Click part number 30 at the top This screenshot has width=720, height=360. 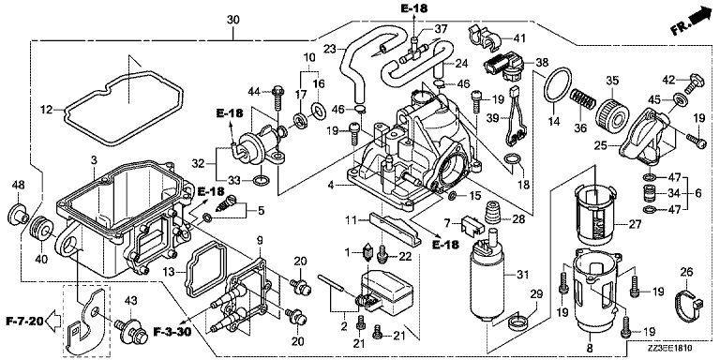coord(233,20)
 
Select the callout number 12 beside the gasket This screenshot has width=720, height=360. coord(47,110)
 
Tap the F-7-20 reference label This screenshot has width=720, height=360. coord(24,320)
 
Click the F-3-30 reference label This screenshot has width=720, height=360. coord(172,332)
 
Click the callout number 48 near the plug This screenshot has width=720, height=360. coord(18,185)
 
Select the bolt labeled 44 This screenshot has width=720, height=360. coord(277,97)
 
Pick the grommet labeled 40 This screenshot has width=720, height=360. coord(40,229)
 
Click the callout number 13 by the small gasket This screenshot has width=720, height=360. coord(169,273)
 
